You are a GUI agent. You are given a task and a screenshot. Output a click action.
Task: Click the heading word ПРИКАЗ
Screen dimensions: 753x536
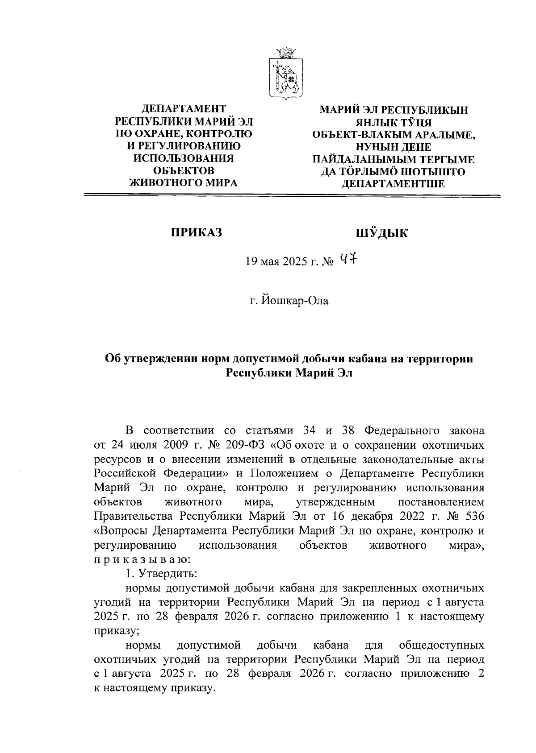(x=196, y=232)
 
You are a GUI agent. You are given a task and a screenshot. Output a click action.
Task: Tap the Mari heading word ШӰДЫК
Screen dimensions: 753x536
(x=381, y=232)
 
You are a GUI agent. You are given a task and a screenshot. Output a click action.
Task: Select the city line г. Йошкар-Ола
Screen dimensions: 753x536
(x=289, y=301)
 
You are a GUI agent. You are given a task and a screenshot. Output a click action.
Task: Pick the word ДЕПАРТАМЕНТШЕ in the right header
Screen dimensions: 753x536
(x=393, y=183)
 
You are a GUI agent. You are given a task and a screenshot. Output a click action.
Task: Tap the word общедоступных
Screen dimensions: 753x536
(x=441, y=645)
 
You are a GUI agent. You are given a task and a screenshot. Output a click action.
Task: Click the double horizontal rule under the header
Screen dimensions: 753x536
(x=292, y=195)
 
